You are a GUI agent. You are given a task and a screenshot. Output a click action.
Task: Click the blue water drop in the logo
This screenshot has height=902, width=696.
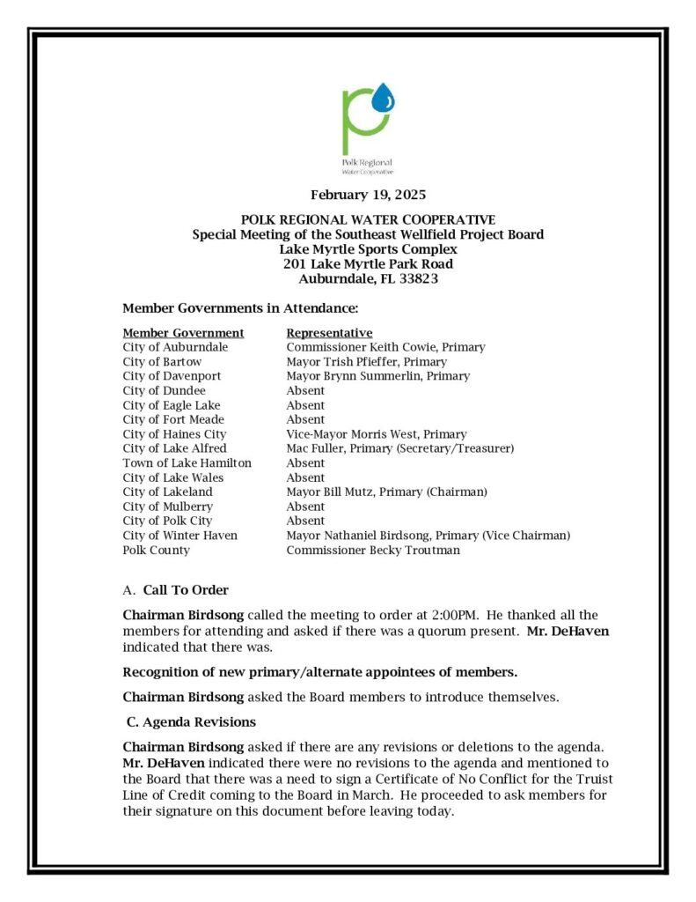pos(384,97)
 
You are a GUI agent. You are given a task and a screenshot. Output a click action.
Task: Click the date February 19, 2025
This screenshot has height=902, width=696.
pos(368,195)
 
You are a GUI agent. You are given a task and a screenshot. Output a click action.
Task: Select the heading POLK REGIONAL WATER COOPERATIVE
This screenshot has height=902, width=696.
pos(368,219)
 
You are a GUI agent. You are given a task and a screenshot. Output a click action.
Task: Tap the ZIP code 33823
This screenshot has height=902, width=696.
pos(414,278)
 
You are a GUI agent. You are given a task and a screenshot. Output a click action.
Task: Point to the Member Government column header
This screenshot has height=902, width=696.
pos(183,333)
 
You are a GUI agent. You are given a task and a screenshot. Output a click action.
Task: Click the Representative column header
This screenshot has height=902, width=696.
pos(329,333)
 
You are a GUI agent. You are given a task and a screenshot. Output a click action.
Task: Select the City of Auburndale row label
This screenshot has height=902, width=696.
pos(175,347)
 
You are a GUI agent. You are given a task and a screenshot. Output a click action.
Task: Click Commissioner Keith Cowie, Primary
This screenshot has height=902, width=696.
pos(385,347)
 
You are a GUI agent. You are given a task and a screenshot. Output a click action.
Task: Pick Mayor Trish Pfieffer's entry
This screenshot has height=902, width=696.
pos(366,362)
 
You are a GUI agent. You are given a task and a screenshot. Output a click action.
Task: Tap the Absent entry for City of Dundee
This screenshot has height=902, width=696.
pos(305,390)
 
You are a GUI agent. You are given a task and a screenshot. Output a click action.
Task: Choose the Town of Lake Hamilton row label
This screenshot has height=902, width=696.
pos(187,463)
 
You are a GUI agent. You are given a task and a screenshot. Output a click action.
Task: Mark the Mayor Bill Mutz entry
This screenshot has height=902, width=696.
pos(386,492)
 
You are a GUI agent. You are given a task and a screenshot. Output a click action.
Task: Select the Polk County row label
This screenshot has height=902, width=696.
pos(156,551)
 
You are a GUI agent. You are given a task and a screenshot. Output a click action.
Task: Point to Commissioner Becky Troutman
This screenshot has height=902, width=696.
pos(372,551)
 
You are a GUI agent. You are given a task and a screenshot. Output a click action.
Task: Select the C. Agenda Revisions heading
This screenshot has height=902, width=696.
pos(191,722)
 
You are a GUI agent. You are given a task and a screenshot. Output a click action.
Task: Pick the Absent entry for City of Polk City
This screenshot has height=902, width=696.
pos(305,521)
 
